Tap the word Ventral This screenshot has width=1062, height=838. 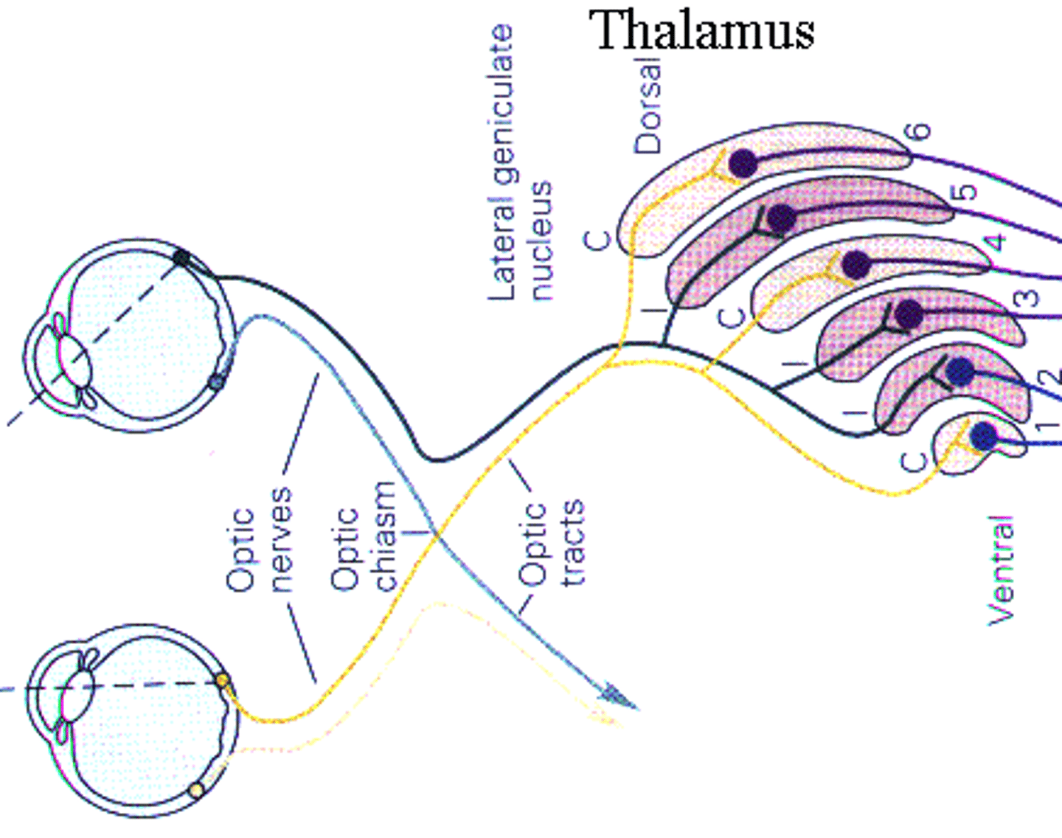1002,570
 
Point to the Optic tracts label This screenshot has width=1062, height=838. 551,544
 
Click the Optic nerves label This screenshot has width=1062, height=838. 260,540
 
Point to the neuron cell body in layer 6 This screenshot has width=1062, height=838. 743,162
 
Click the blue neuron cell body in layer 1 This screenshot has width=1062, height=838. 984,436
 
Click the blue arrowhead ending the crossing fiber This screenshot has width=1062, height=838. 617,696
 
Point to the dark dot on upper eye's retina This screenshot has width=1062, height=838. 181,257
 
